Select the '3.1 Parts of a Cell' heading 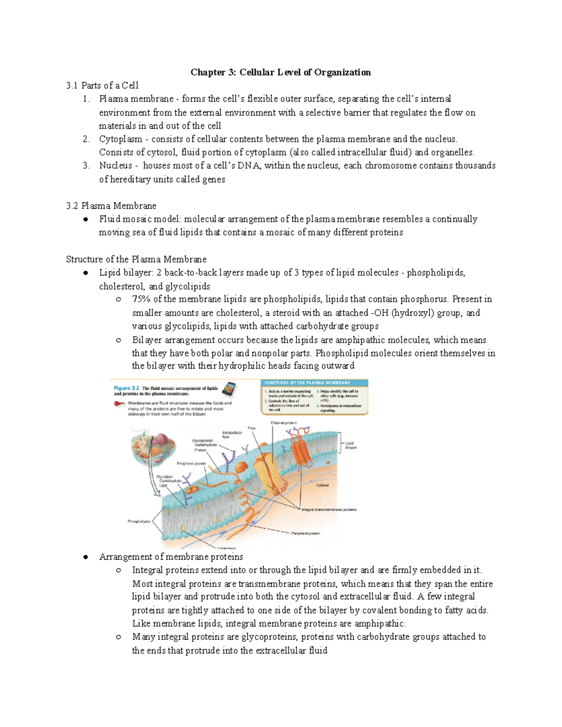[x=103, y=85]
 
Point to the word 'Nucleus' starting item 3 [x=115, y=166]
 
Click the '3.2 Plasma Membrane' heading [x=111, y=206]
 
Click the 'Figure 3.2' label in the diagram [x=126, y=388]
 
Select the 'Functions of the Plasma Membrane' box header [x=313, y=382]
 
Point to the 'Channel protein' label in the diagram [x=283, y=423]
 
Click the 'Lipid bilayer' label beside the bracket [x=351, y=445]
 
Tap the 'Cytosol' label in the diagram [x=323, y=485]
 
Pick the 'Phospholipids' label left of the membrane [x=139, y=521]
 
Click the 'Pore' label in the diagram [x=251, y=428]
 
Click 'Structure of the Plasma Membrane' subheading [x=136, y=259]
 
